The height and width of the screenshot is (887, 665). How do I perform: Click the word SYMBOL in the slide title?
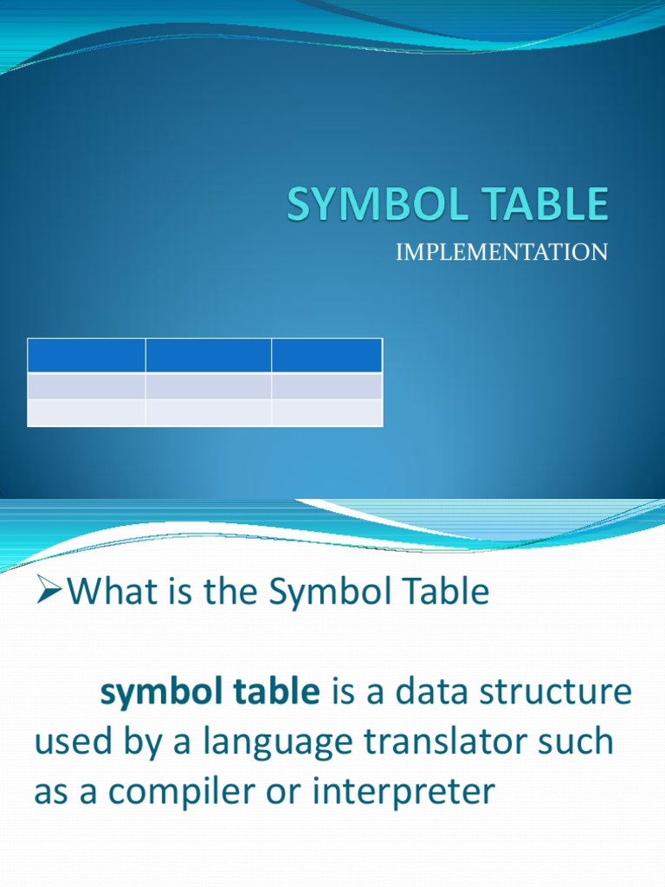click(x=364, y=205)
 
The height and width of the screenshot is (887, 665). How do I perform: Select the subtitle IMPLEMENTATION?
click(x=502, y=252)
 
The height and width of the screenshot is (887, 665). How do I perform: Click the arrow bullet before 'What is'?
click(x=51, y=592)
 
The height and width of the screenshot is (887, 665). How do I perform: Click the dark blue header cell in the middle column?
click(x=208, y=356)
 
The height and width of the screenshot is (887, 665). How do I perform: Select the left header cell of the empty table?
click(x=86, y=356)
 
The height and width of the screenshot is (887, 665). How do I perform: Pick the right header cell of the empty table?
click(x=326, y=356)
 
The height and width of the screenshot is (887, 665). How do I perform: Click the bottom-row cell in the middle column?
click(x=208, y=412)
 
